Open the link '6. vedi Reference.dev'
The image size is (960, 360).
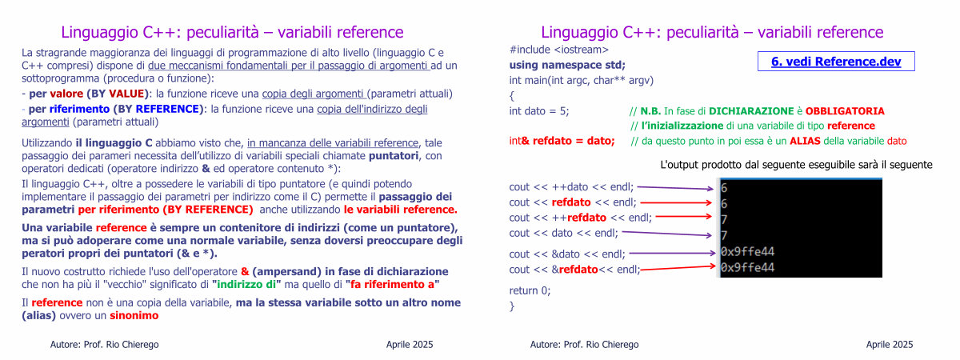pyautogui.click(x=836, y=62)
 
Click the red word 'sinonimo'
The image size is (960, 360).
pyautogui.click(x=134, y=315)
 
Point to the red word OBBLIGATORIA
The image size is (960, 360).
pyautogui.click(x=845, y=111)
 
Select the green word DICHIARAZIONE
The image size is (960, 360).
pyautogui.click(x=751, y=111)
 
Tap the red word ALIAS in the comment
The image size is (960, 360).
pyautogui.click(x=806, y=141)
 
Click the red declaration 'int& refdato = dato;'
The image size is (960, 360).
pyautogui.click(x=562, y=141)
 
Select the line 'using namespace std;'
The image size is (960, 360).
pyautogui.click(x=567, y=65)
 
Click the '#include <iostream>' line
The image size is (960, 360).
pyautogui.click(x=559, y=50)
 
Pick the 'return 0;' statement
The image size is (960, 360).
pyautogui.click(x=530, y=290)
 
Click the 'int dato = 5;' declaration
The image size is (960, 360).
pyautogui.click(x=539, y=111)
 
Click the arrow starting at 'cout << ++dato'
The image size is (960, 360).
pyautogui.click(x=675, y=188)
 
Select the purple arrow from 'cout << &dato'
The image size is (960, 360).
pyautogui.click(x=673, y=254)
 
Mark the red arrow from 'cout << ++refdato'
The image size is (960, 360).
pyautogui.click(x=684, y=217)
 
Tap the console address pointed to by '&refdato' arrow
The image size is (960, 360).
pyautogui.click(x=747, y=268)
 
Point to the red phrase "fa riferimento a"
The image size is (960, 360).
pyautogui.click(x=392, y=285)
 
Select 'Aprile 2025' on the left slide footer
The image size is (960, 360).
pyautogui.click(x=410, y=345)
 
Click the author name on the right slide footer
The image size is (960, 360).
pyautogui.click(x=584, y=345)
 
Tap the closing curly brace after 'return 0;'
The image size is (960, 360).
pyautogui.click(x=512, y=306)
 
